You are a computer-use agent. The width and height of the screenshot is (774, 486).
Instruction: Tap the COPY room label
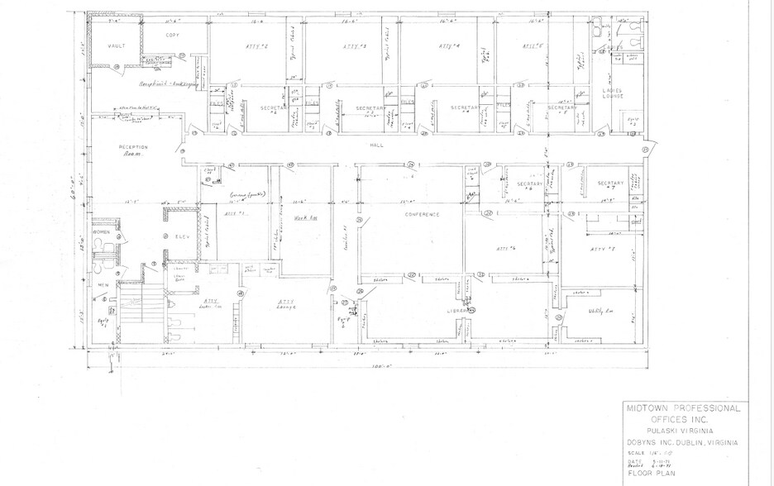coord(172,35)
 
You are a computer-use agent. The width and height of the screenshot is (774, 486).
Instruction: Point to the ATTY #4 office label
coord(448,47)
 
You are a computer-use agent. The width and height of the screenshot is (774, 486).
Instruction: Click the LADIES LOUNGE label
coord(613,93)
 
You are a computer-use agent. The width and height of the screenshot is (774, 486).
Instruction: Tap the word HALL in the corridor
coord(375,144)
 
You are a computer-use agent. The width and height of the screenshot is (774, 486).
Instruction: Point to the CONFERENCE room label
coord(422,214)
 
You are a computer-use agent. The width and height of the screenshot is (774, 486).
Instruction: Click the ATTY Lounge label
coord(286,303)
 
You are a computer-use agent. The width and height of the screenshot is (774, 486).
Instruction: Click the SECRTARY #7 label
coord(610,183)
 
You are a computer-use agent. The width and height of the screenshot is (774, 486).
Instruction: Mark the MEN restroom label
coord(104,285)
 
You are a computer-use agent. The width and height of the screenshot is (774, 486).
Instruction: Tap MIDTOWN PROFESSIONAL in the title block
coord(682,409)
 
